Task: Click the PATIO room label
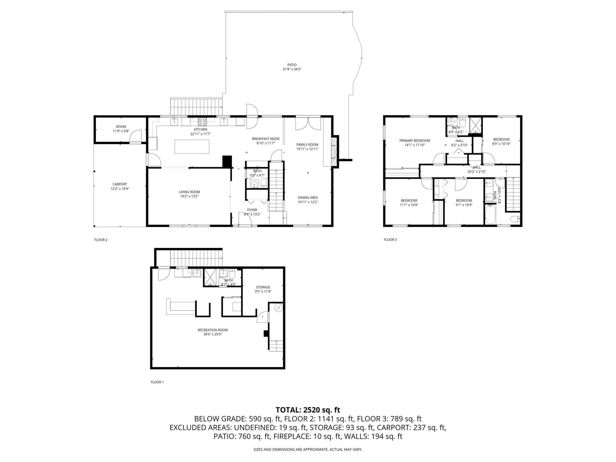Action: click(x=292, y=65)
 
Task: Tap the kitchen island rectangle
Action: click(x=192, y=147)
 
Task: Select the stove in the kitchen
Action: click(x=202, y=121)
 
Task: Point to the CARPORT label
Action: click(x=120, y=184)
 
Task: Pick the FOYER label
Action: click(x=252, y=210)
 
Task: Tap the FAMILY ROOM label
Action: click(x=307, y=145)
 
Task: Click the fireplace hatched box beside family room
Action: click(x=334, y=152)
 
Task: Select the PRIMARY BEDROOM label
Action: click(x=415, y=141)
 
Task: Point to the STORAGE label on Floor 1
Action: click(x=263, y=287)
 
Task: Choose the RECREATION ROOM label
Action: click(x=213, y=330)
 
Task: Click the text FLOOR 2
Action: click(x=101, y=240)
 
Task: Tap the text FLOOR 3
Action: click(x=390, y=239)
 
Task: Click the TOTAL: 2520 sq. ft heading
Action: click(x=308, y=410)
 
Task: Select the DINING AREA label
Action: click(x=308, y=198)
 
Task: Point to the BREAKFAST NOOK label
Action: click(x=266, y=139)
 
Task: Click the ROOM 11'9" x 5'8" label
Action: click(x=121, y=129)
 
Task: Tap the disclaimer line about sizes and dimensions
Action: click(x=308, y=449)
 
